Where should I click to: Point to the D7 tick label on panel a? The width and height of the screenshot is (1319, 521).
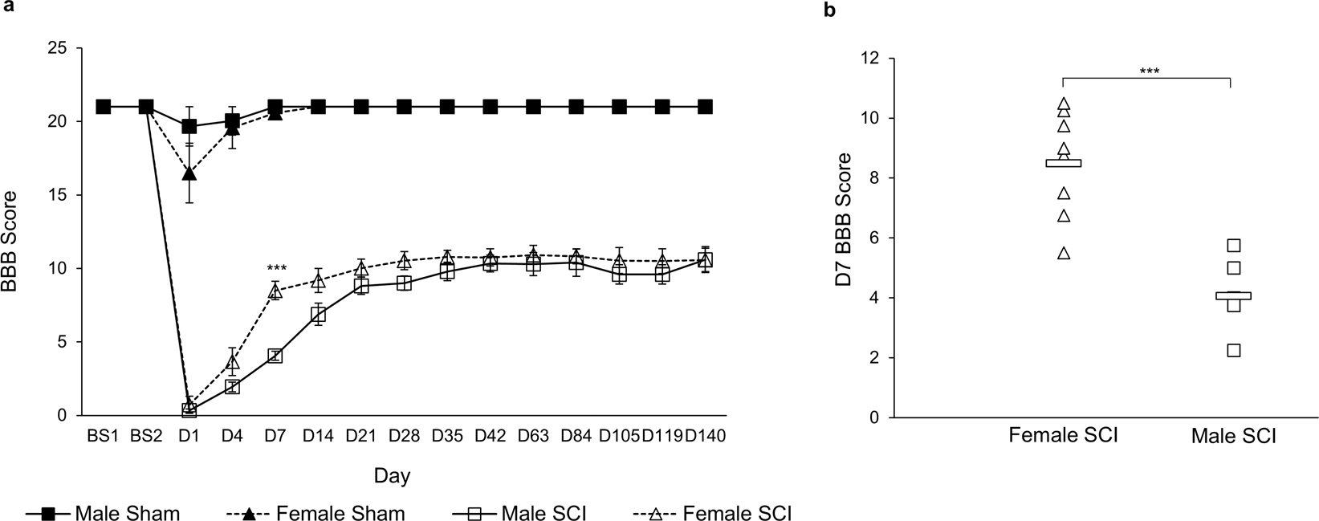click(275, 436)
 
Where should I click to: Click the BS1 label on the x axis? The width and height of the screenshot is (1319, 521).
click(103, 436)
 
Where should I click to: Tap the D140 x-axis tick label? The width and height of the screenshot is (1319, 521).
click(705, 436)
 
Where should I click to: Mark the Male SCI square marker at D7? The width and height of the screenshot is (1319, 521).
click(275, 356)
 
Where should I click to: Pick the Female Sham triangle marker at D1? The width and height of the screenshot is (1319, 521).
click(189, 173)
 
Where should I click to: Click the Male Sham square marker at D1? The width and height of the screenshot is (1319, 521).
click(189, 126)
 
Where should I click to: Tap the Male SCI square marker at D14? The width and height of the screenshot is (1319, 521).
click(318, 315)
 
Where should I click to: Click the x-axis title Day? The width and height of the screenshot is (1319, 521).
click(392, 475)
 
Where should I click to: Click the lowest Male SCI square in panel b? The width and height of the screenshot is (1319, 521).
click(1233, 350)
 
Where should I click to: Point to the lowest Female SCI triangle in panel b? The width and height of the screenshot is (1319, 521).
click(1063, 253)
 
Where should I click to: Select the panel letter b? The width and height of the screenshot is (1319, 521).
click(829, 10)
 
